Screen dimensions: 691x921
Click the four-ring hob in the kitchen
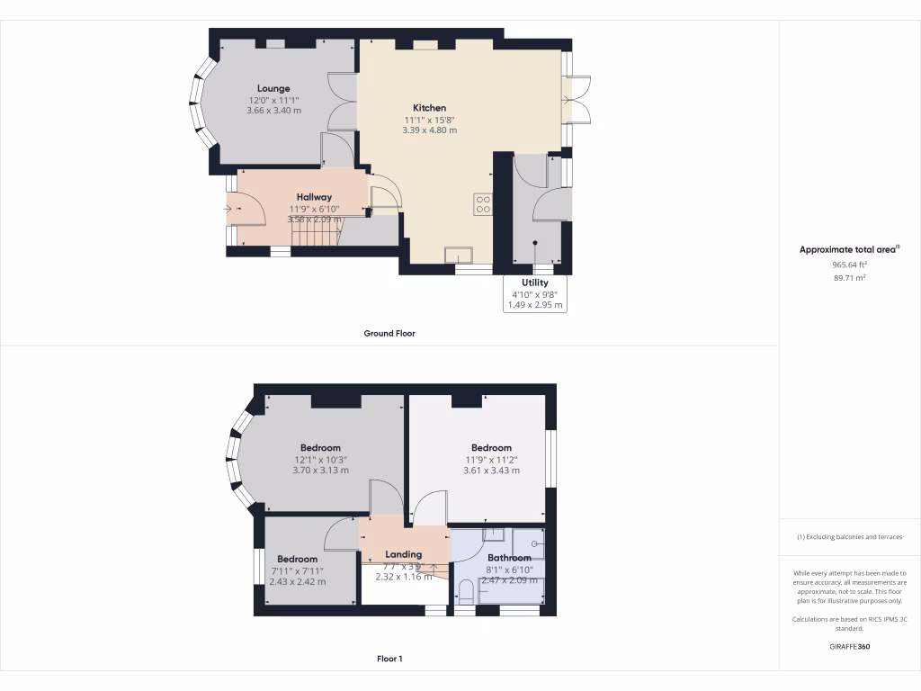coord(483,204)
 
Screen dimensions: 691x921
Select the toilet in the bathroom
coord(466,593)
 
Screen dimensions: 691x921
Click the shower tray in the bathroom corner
coord(529,543)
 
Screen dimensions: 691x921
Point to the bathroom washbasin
coord(494,535)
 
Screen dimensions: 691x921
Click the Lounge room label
coord(273,88)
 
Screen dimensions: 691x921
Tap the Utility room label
coord(534,283)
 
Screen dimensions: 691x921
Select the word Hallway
coord(314,197)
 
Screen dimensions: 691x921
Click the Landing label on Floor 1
coord(403,554)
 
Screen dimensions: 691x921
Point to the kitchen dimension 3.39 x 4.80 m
coord(429,130)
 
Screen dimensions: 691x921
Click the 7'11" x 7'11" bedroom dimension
coord(297,570)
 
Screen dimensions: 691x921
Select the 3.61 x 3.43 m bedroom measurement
coord(491,471)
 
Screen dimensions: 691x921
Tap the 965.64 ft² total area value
coord(849,265)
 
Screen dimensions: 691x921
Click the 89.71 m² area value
coord(849,279)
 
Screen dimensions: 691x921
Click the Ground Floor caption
coord(389,333)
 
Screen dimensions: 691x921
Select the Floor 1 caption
coord(389,659)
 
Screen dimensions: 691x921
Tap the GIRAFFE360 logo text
coord(850,646)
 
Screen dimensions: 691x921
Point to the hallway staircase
coord(315,235)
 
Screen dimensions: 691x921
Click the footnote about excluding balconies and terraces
coord(849,537)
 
